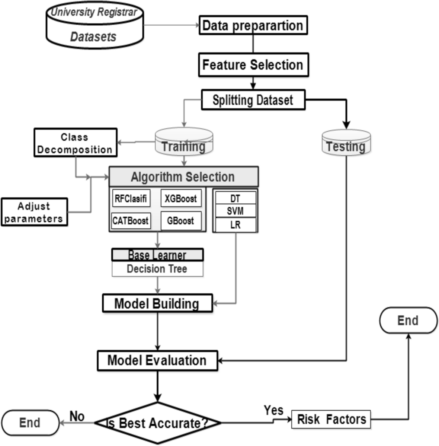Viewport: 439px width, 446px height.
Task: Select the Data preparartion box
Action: pyautogui.click(x=253, y=25)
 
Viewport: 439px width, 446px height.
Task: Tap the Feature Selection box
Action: pyautogui.click(x=253, y=65)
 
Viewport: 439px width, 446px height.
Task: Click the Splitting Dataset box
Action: pyautogui.click(x=253, y=100)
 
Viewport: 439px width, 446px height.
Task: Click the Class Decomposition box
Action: pyautogui.click(x=75, y=143)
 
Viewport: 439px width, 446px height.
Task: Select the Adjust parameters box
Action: pyautogui.click(x=34, y=212)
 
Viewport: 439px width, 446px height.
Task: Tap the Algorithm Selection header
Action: pyautogui.click(x=183, y=177)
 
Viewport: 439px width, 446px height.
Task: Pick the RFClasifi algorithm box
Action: pyautogui.click(x=131, y=198)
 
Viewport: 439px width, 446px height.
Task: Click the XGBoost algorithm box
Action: pyautogui.click(x=181, y=198)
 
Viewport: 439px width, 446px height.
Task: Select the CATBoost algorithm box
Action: pyautogui.click(x=131, y=221)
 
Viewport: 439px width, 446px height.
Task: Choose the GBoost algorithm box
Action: pyautogui.click(x=181, y=221)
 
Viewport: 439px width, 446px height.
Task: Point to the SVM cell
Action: pyautogui.click(x=235, y=211)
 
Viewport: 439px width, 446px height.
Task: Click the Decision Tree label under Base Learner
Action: pyautogui.click(x=157, y=269)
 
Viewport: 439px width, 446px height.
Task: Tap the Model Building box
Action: pyautogui.click(x=157, y=303)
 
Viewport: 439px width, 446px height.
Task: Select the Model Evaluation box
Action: pyautogui.click(x=157, y=360)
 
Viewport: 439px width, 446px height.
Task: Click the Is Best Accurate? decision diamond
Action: pyautogui.click(x=158, y=423)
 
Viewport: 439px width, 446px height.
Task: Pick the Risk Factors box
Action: pyautogui.click(x=331, y=420)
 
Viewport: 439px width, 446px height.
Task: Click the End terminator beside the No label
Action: pyautogui.click(x=30, y=423)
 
